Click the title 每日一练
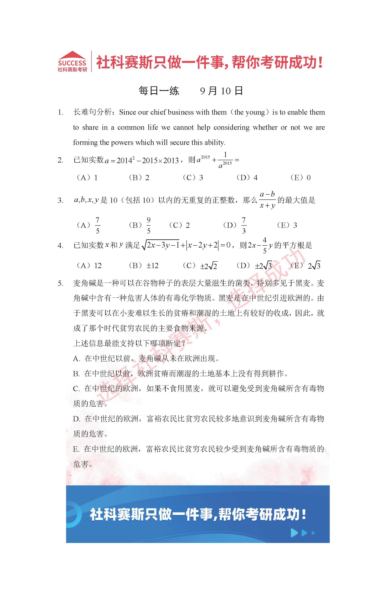click(x=159, y=91)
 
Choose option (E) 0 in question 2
click(x=300, y=178)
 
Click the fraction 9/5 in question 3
click(x=148, y=225)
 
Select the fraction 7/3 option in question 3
click(x=243, y=225)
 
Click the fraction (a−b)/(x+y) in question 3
click(x=267, y=200)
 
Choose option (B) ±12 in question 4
click(x=144, y=266)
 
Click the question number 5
click(x=60, y=283)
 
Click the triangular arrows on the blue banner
click(x=303, y=533)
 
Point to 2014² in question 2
click(x=126, y=160)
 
